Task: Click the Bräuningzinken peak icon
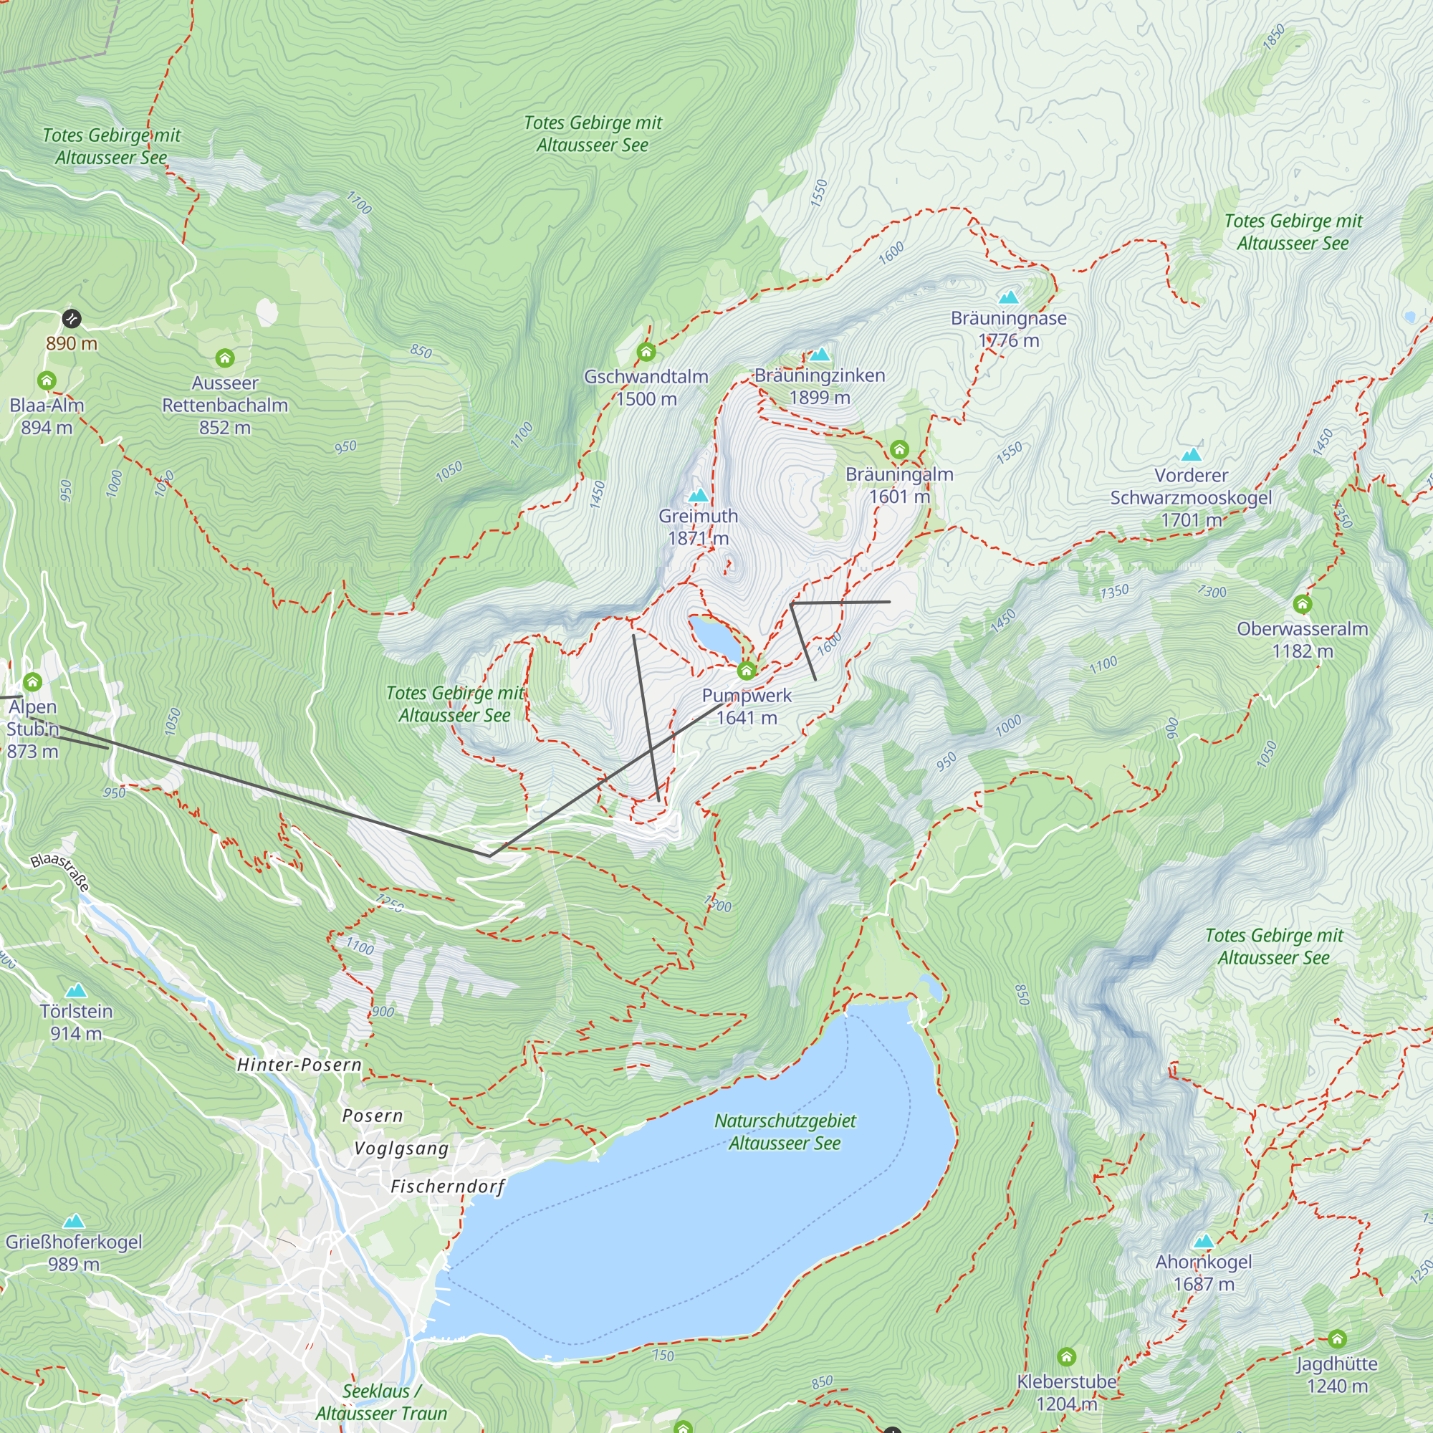820,355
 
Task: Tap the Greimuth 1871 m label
698,527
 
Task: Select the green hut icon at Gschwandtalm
646,352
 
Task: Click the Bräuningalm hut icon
899,449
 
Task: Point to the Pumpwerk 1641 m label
746,706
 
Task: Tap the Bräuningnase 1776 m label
1008,330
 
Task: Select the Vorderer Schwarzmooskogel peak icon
1192,454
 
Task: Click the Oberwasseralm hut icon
1303,605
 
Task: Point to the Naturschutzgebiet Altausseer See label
785,1132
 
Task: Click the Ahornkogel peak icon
1204,1241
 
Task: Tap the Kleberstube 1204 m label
1066,1392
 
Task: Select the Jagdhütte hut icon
1336,1339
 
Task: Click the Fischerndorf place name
447,1187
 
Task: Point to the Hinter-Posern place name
299,1065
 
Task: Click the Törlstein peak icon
76,991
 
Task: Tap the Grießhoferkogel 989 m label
73,1252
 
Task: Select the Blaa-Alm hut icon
47,380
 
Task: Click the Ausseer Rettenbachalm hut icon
225,358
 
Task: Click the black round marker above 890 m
71,318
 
